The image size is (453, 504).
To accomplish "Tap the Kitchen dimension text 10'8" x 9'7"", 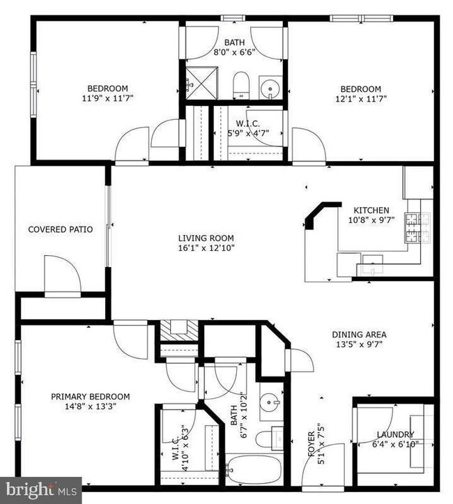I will point(371,221).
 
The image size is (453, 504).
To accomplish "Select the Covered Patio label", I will point(56,229).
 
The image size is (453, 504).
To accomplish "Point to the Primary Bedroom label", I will point(90,397).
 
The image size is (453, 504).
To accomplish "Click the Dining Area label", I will point(359,335).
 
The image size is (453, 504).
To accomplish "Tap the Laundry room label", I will point(395,435).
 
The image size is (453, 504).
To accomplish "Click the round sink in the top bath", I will point(270,89).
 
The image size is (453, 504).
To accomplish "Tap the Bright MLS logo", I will point(40,490).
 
